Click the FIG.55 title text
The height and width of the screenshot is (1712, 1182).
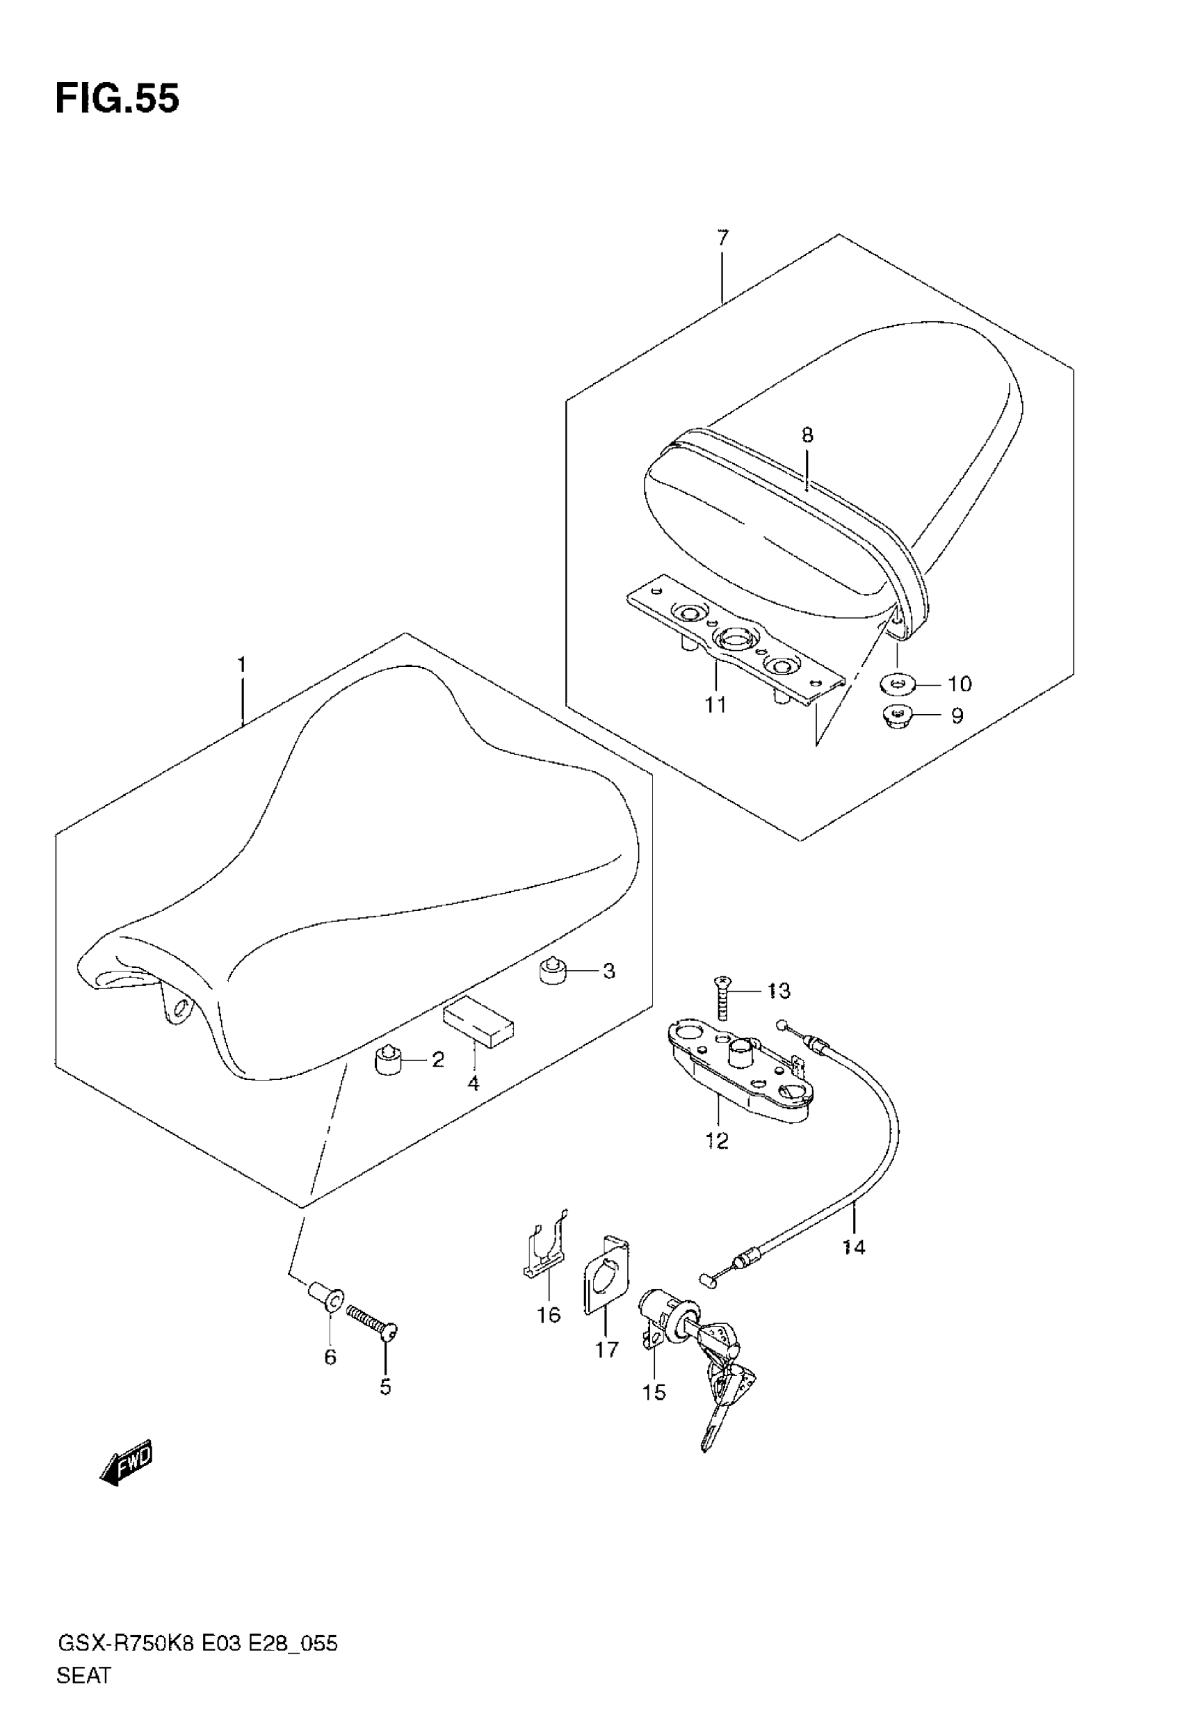(x=117, y=99)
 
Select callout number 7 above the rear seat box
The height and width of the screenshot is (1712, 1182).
(x=723, y=239)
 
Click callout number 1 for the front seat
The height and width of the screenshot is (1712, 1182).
(x=241, y=664)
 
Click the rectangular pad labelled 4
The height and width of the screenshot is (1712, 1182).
(x=478, y=1023)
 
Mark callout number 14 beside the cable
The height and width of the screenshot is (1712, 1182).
(x=854, y=1247)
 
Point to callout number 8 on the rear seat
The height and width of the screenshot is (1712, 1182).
(x=807, y=435)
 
